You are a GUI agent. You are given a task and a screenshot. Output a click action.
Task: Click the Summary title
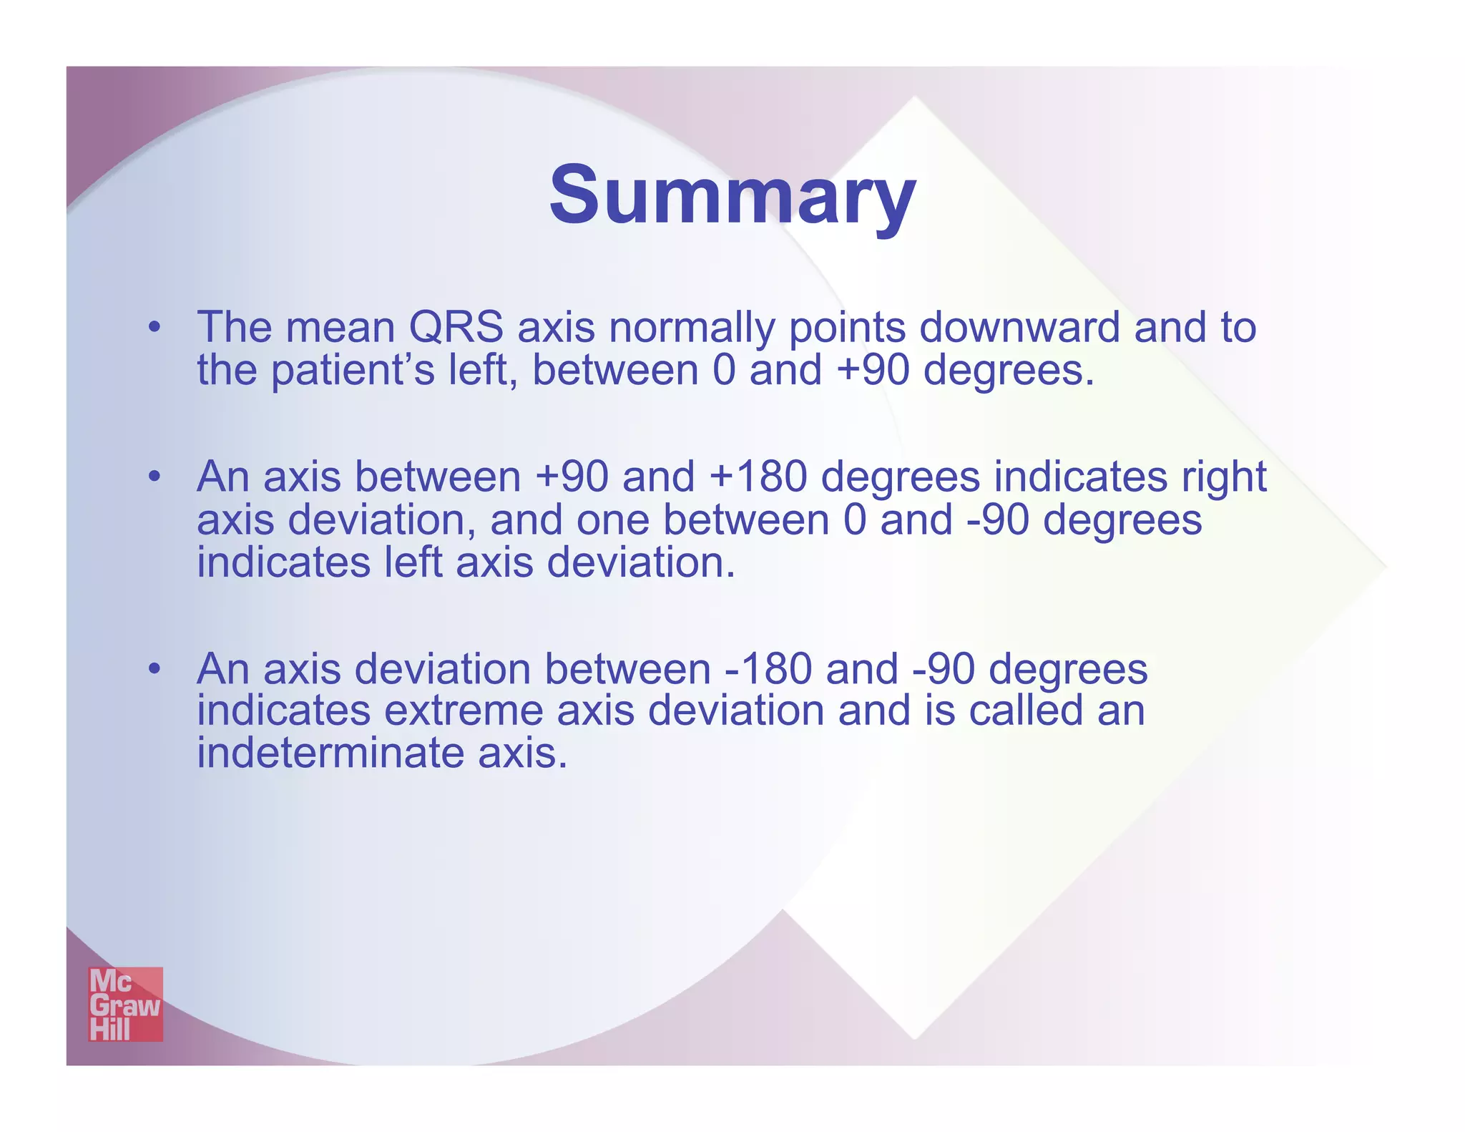point(732,195)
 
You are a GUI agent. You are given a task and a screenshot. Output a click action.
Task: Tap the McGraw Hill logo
point(125,1004)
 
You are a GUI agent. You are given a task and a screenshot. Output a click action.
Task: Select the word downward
point(1019,328)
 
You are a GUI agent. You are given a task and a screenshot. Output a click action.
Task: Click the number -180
point(768,669)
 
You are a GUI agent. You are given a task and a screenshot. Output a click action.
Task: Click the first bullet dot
point(154,328)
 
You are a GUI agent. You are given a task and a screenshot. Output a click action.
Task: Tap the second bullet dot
point(154,477)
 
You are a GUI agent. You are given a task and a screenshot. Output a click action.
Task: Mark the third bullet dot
point(154,670)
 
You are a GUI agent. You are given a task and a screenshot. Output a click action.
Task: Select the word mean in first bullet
point(340,328)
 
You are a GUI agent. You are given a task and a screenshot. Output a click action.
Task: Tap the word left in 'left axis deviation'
point(413,562)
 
